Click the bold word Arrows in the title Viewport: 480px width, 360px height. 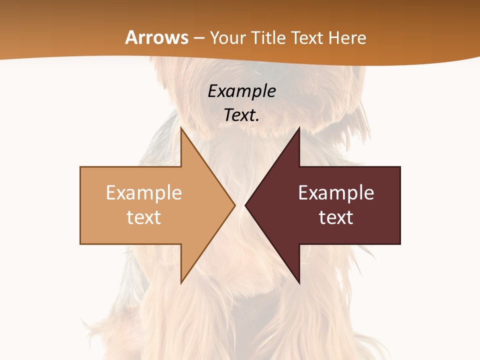click(x=156, y=37)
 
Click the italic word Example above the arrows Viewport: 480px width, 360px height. click(x=241, y=91)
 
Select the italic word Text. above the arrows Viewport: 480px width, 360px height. click(x=241, y=115)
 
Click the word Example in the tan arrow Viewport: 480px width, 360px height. click(x=144, y=193)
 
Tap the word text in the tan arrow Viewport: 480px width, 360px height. click(x=144, y=217)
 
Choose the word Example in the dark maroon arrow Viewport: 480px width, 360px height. click(x=336, y=193)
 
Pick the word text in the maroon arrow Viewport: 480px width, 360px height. click(x=336, y=217)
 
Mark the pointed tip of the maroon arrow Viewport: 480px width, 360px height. click(x=246, y=205)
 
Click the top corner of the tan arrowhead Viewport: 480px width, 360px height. click(x=181, y=128)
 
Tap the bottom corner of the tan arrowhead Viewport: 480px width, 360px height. click(x=181, y=282)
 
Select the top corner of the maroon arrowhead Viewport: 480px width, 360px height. click(x=298, y=128)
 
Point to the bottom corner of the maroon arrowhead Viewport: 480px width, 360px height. click(x=298, y=282)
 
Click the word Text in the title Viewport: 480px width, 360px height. click(x=306, y=38)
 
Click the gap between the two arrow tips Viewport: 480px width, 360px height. click(x=240, y=205)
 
